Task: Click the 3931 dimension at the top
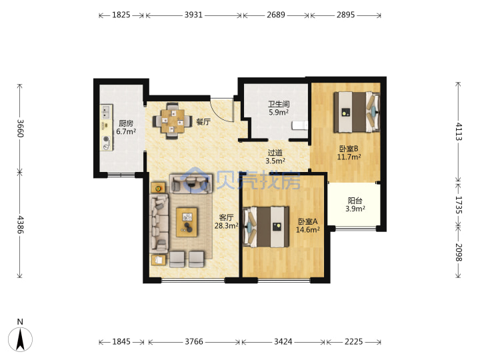[x=193, y=15]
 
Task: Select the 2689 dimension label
[x=276, y=15]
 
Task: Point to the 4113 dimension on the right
[x=458, y=131]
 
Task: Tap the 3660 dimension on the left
[x=20, y=128]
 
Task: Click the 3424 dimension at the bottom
[x=283, y=341]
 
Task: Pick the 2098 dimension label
[x=458, y=252]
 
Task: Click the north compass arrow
[x=20, y=339]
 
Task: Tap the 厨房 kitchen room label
[x=126, y=123]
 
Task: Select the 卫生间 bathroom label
[x=279, y=104]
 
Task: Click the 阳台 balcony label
[x=355, y=201]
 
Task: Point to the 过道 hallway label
[x=275, y=153]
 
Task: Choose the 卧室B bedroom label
[x=349, y=149]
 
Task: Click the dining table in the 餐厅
[x=173, y=121]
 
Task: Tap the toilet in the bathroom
[x=300, y=125]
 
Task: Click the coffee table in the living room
[x=187, y=222]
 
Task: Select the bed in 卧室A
[x=266, y=227]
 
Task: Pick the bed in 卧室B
[x=357, y=112]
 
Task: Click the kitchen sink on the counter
[x=106, y=112]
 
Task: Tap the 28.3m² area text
[x=227, y=226]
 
